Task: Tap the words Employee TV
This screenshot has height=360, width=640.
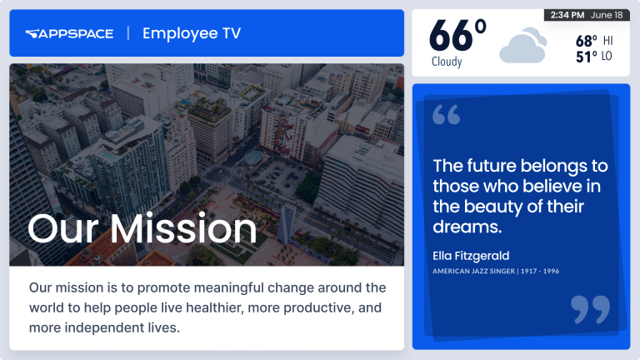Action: [x=192, y=33]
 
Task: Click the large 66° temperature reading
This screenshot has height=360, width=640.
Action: [x=457, y=37]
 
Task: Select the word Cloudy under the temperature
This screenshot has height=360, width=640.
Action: [x=447, y=62]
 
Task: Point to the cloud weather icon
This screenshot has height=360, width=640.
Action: [x=522, y=47]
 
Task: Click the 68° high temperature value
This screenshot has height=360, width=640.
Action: [x=586, y=40]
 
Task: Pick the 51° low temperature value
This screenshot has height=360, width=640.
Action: [x=586, y=57]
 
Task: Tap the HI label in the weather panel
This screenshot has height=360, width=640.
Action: [x=607, y=40]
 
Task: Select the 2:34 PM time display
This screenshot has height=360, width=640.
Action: [x=567, y=15]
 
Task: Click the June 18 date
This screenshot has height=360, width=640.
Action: [x=606, y=15]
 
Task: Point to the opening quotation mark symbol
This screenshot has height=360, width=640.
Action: [x=447, y=115]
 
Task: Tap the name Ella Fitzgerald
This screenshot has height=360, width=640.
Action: [x=471, y=255]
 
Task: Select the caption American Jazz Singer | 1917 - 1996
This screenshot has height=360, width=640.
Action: [x=495, y=271]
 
